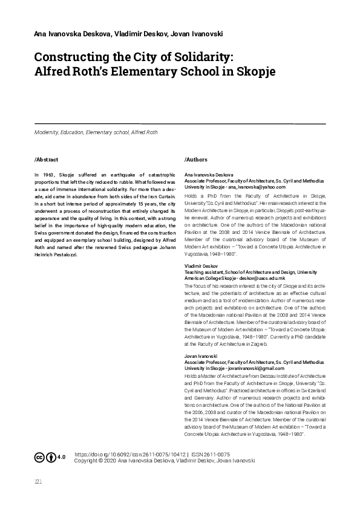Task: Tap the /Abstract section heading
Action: (47, 160)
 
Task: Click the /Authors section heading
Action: (196, 160)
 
